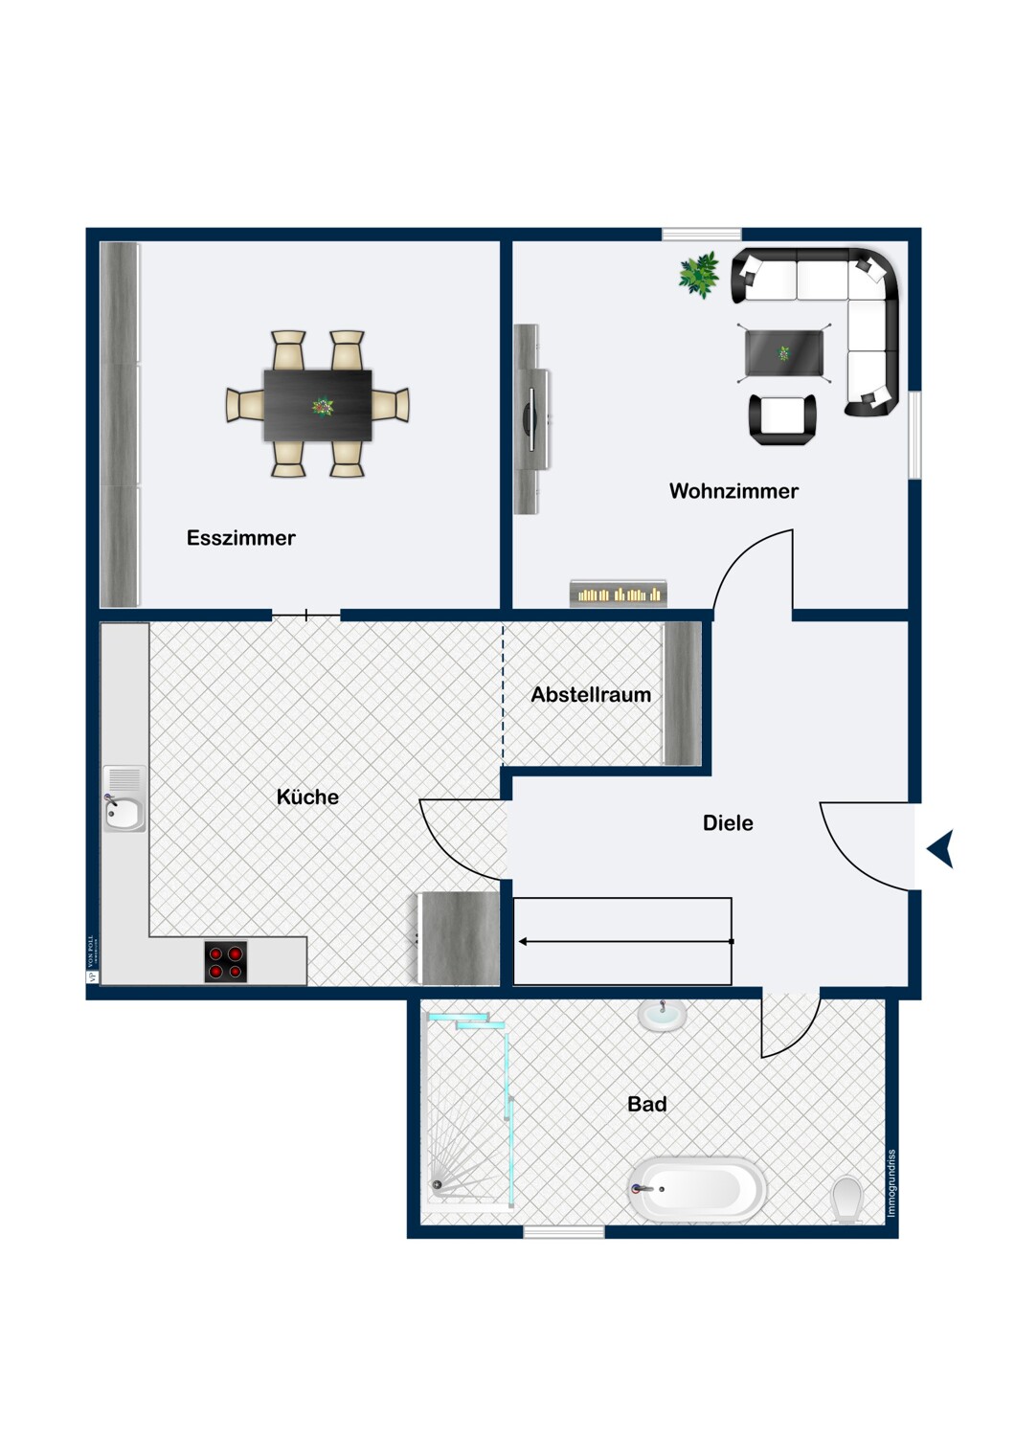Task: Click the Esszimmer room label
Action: click(240, 538)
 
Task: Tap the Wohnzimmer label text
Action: click(733, 491)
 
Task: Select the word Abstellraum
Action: click(591, 695)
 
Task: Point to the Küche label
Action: click(307, 797)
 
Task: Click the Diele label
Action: click(728, 822)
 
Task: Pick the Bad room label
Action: click(646, 1104)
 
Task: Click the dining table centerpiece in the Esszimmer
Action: click(323, 407)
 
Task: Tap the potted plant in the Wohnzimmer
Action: click(700, 275)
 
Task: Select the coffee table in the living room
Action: click(784, 353)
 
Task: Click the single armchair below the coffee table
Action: click(782, 419)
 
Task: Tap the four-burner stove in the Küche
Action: click(226, 962)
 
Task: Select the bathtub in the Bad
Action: click(699, 1190)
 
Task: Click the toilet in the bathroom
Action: click(847, 1199)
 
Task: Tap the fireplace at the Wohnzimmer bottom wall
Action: click(619, 594)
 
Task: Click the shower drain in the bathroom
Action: click(438, 1185)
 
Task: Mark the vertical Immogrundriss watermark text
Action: click(891, 1183)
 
